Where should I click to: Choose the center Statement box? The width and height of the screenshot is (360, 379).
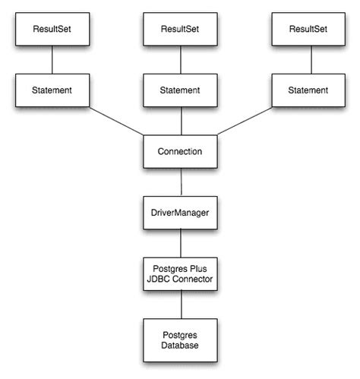coord(180,90)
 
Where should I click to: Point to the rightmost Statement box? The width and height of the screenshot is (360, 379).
coord(308,90)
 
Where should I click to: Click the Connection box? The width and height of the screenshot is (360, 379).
coord(180,151)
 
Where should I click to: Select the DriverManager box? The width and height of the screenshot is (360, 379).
coord(180,213)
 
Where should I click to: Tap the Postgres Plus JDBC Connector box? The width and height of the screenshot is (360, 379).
coord(180,274)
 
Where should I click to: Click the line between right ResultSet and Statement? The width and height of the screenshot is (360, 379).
coord(308,60)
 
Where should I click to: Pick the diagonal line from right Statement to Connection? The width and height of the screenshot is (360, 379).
coord(247,122)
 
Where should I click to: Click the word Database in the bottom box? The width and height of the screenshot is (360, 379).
coord(180,345)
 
